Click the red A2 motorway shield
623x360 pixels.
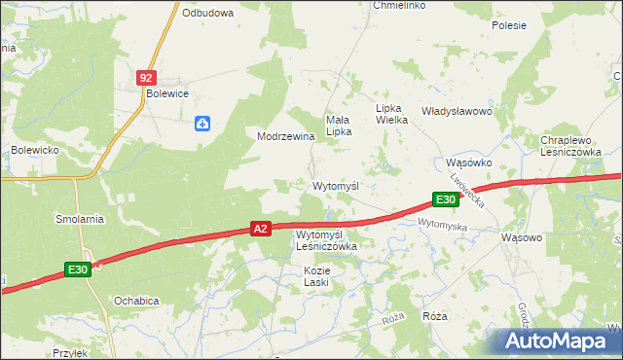tap(260, 229)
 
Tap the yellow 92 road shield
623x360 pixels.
tap(146, 76)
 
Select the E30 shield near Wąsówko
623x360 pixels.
tap(446, 199)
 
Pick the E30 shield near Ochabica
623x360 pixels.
tap(79, 270)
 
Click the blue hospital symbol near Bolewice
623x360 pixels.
tap(202, 123)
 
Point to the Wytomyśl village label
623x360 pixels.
tap(336, 185)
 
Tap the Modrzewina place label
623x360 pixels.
tap(285, 136)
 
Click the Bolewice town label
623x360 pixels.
tap(166, 93)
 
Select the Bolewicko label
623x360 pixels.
tap(36, 150)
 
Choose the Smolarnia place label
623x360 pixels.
tap(80, 220)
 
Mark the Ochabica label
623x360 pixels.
tap(135, 301)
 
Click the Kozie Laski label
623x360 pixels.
tap(316, 275)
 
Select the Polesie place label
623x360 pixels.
tap(509, 26)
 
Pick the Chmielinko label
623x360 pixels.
tap(399, 5)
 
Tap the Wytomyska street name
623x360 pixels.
tap(443, 225)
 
